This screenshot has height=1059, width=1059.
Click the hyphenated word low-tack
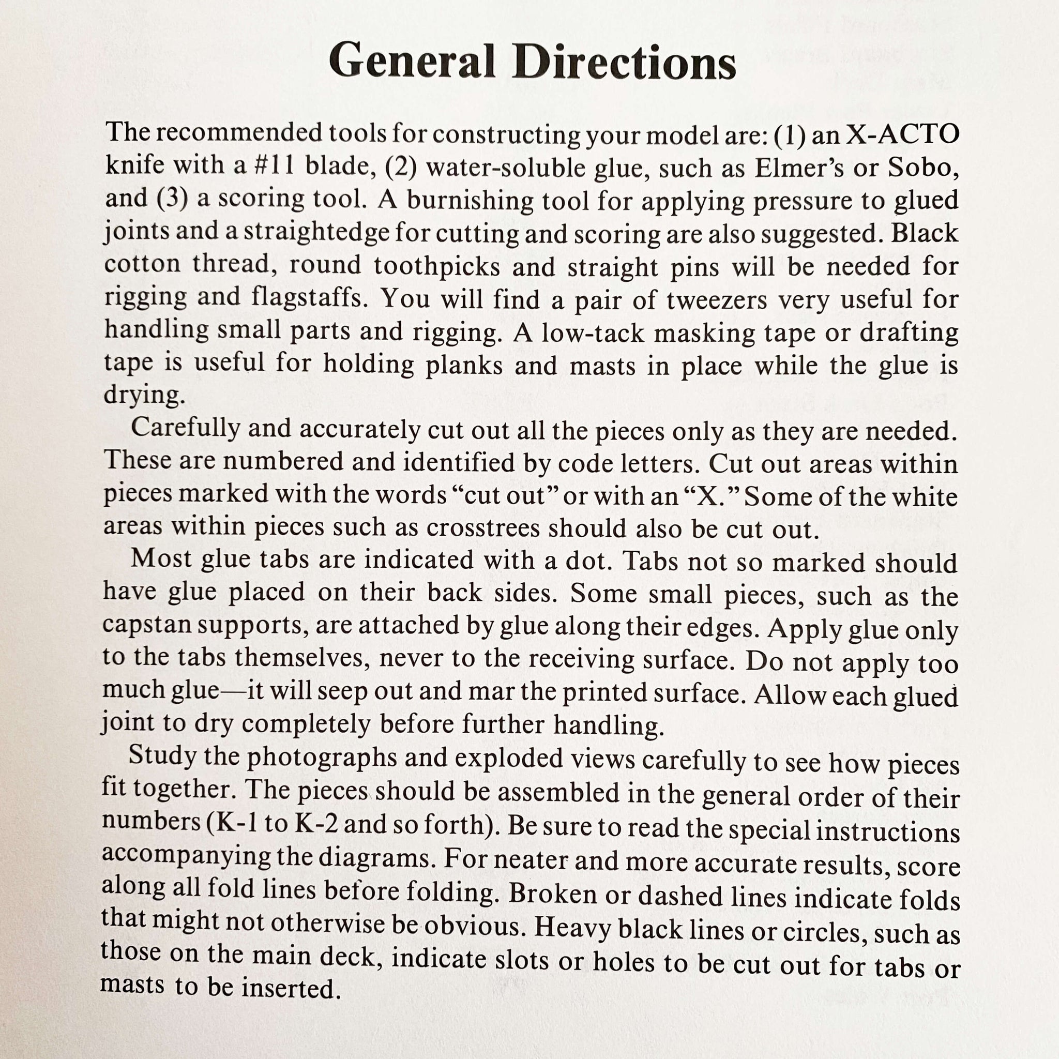pyautogui.click(x=593, y=332)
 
